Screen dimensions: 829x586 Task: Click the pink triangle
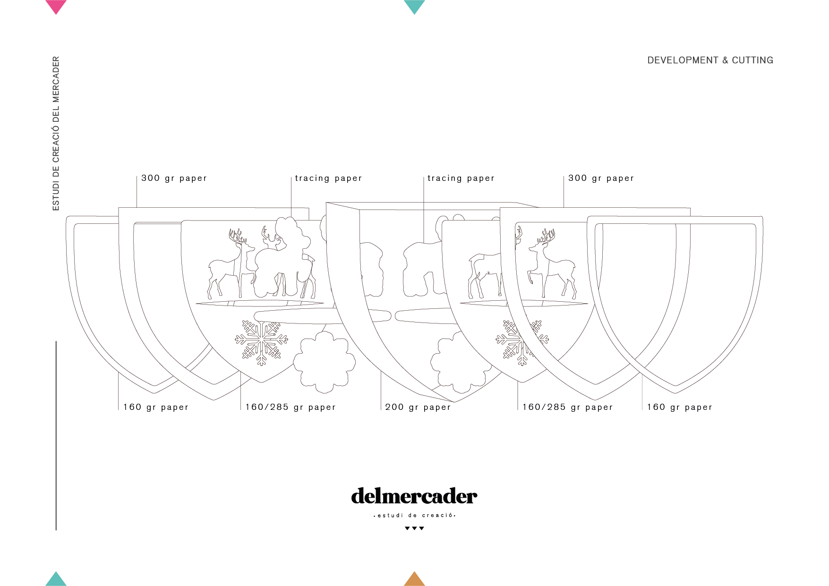click(x=56, y=6)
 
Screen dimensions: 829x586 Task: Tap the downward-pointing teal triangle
click(x=414, y=6)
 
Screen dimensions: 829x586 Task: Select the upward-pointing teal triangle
click(x=56, y=579)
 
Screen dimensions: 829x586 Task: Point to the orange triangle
click(x=414, y=579)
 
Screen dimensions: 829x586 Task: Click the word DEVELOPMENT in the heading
click(x=683, y=60)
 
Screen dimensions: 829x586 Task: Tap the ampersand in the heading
click(x=725, y=60)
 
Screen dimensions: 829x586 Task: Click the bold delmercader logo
click(x=414, y=496)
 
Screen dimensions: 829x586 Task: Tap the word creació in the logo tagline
click(x=437, y=515)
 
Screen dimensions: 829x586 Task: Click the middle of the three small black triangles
click(x=414, y=528)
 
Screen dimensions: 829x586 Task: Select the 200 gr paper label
click(x=418, y=407)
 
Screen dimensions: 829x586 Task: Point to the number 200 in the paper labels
click(x=394, y=407)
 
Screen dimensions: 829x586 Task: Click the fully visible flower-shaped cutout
click(x=324, y=362)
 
